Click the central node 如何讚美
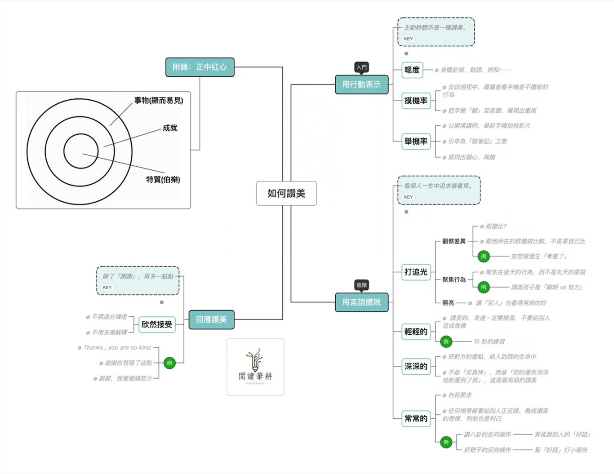pyautogui.click(x=286, y=193)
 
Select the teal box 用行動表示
pyautogui.click(x=362, y=84)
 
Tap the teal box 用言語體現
pyautogui.click(x=362, y=302)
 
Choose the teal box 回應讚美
pyautogui.click(x=211, y=319)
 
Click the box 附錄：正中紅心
pyautogui.click(x=200, y=67)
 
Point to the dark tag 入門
pyautogui.click(x=361, y=67)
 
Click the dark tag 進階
pyautogui.click(x=361, y=285)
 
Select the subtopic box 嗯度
pyautogui.click(x=412, y=70)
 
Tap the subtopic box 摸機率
pyautogui.click(x=416, y=101)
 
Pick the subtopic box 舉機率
pyautogui.click(x=416, y=142)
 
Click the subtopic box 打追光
pyautogui.click(x=416, y=272)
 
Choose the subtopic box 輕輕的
pyautogui.click(x=416, y=332)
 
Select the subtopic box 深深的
pyautogui.click(x=416, y=367)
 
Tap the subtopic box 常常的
pyautogui.click(x=416, y=419)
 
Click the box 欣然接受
pyautogui.click(x=157, y=325)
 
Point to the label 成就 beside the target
pyautogui.click(x=170, y=128)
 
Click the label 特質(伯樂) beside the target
pyautogui.click(x=163, y=180)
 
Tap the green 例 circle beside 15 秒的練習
pyautogui.click(x=446, y=341)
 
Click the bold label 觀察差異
pyautogui.click(x=454, y=241)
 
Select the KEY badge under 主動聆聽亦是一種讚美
pyautogui.click(x=408, y=39)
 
